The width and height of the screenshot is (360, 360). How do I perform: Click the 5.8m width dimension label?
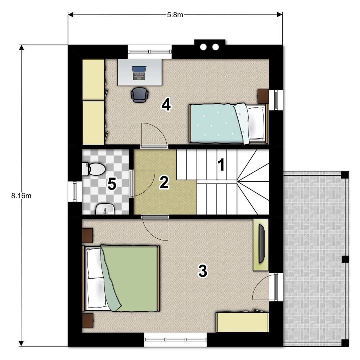click(175, 15)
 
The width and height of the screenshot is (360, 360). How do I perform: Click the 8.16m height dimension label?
click(21, 196)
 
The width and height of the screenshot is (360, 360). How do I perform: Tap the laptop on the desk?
click(139, 73)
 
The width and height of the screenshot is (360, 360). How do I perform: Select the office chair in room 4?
click(139, 95)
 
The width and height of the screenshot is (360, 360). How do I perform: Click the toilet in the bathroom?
click(94, 169)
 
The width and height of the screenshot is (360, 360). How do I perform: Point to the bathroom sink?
click(105, 209)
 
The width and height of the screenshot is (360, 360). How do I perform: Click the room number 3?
click(203, 271)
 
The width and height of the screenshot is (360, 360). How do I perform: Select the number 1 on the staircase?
click(221, 165)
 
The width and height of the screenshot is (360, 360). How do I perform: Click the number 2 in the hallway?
click(164, 182)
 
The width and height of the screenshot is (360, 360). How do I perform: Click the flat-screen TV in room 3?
click(261, 244)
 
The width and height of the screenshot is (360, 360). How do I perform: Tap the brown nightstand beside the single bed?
click(263, 96)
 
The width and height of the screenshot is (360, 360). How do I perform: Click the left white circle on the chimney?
click(203, 47)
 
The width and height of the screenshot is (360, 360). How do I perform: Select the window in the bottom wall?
click(175, 339)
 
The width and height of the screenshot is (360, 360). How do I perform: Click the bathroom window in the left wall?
click(75, 192)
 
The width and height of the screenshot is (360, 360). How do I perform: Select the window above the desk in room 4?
click(150, 51)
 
